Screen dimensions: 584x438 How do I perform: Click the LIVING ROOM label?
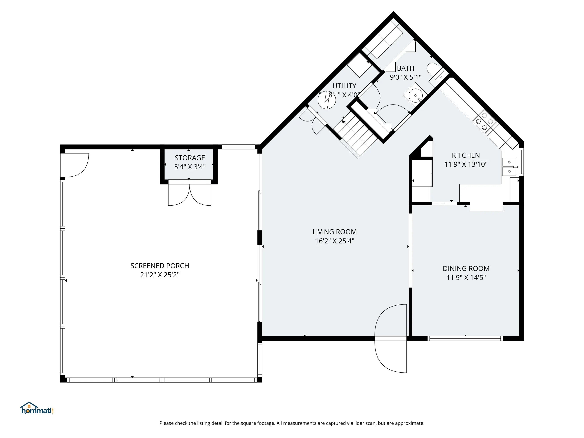[x=334, y=232]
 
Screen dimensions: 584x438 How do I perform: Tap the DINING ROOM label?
[x=466, y=268]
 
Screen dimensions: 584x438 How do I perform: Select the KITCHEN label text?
[x=466, y=155]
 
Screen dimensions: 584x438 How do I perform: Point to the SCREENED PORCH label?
[x=160, y=266]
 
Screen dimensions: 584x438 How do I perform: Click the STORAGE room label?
[x=190, y=158]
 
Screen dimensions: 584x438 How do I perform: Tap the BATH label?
[x=405, y=68]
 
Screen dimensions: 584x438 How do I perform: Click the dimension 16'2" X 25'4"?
[x=334, y=241]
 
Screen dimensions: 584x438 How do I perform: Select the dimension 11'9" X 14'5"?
[x=466, y=277]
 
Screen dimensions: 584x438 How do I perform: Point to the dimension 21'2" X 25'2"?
[x=160, y=275]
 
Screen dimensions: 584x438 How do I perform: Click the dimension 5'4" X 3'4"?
[x=190, y=167]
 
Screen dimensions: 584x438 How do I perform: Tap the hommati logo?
[x=37, y=408]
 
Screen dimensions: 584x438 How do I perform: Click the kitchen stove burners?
[x=485, y=121]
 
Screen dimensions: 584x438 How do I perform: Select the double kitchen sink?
[x=509, y=167]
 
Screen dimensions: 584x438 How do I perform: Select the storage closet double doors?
[x=190, y=195]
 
